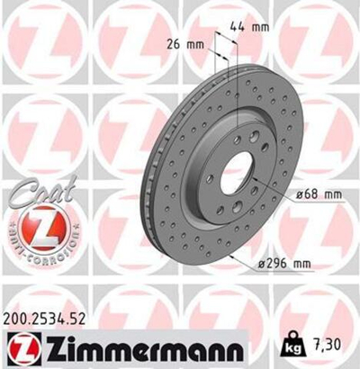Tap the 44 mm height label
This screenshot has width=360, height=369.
tap(250, 28)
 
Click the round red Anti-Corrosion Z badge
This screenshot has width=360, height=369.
tap(37, 233)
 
